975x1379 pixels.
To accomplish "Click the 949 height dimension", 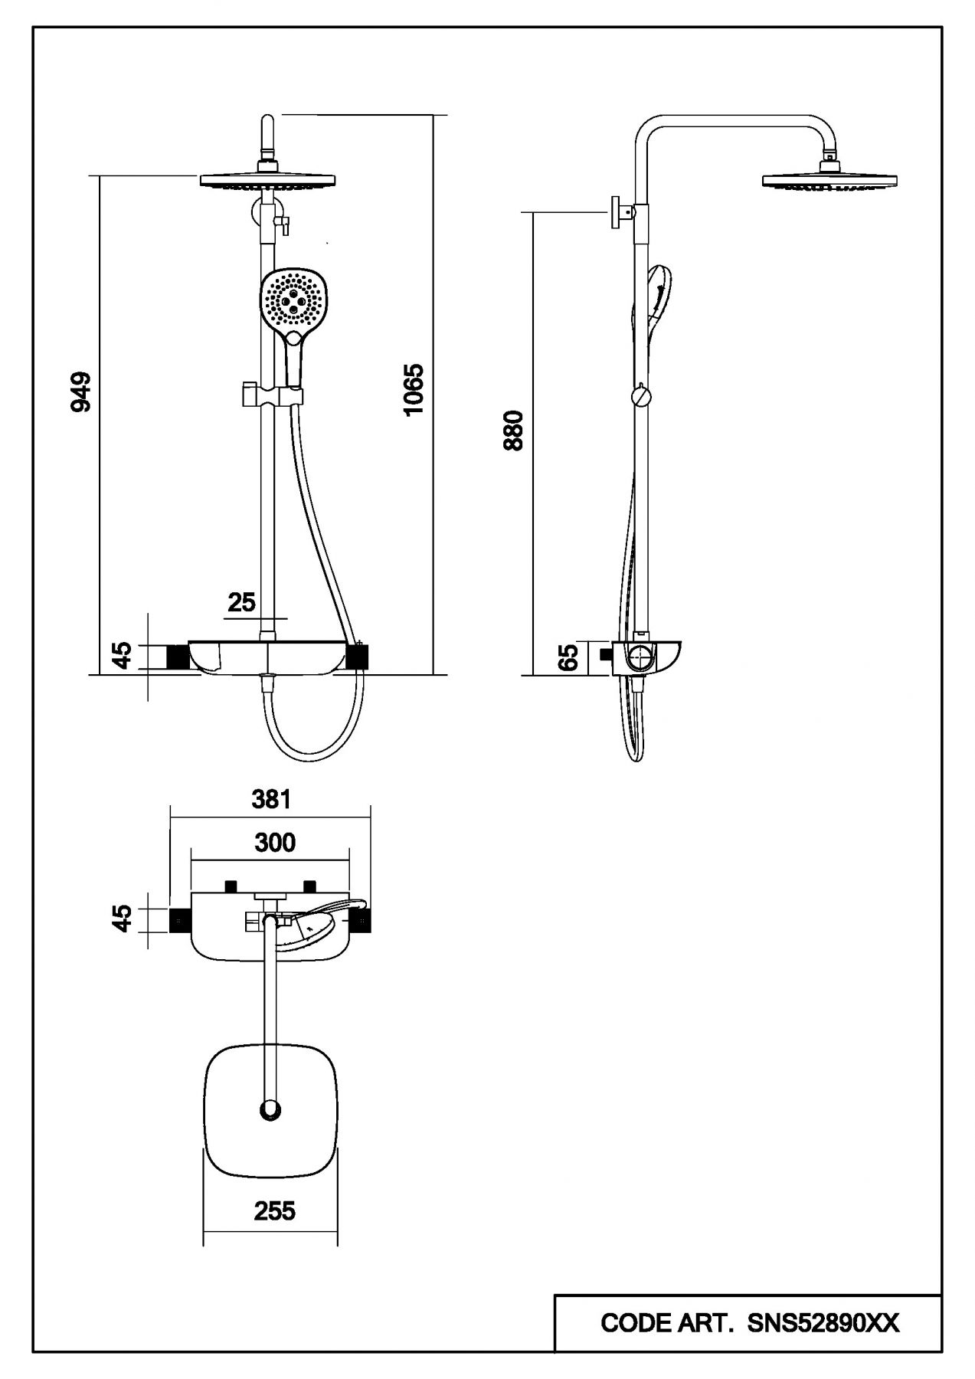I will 80,391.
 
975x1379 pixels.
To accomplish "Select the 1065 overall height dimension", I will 414,389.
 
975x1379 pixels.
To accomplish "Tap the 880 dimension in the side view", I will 514,430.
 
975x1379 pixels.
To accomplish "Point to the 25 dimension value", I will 241,602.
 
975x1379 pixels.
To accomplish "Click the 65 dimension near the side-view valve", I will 568,658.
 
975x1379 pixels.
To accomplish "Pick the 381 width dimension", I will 272,799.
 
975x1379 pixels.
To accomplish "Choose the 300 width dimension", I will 274,843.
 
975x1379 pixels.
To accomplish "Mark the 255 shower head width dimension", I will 274,1210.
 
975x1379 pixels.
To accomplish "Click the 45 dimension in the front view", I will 122,656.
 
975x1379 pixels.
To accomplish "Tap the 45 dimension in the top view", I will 122,918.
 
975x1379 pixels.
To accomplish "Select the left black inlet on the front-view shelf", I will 178,657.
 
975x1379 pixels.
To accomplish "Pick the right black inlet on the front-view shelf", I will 358,657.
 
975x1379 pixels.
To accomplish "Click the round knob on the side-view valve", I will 640,658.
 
